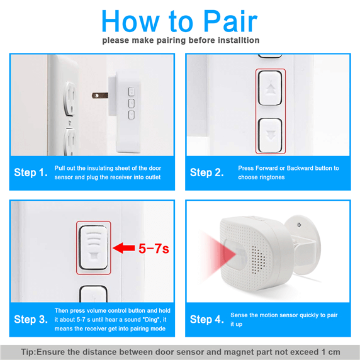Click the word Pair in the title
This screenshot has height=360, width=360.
230,21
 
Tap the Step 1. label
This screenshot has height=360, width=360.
31,172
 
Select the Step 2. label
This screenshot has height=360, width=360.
206,172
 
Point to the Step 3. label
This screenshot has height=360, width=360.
31,319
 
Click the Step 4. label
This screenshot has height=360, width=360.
206,319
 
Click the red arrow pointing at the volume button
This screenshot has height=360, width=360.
124,248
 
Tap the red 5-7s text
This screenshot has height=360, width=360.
154,249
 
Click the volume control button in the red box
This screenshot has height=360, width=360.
93,247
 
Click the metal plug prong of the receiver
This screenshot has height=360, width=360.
100,95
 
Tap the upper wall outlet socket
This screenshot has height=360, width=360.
70,99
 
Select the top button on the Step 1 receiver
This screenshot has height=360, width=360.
132,91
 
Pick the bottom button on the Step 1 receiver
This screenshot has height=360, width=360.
132,115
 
